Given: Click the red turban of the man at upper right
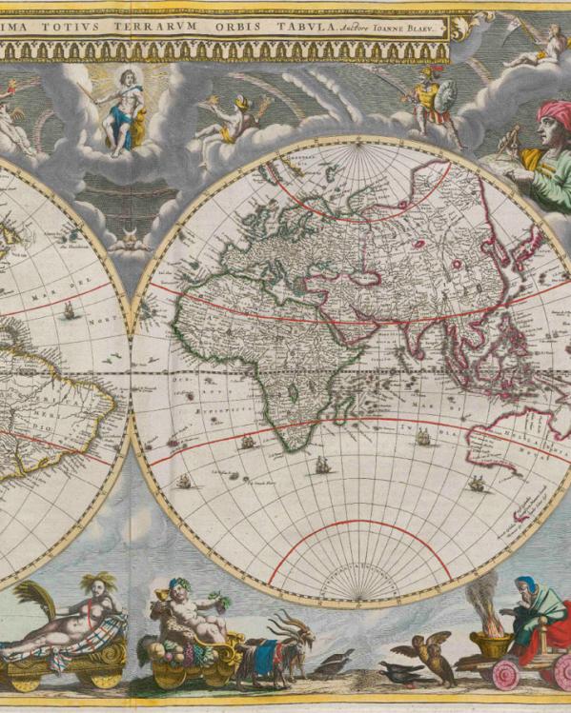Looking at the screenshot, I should (552, 114).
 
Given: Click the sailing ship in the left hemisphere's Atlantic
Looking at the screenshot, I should (69, 309).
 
